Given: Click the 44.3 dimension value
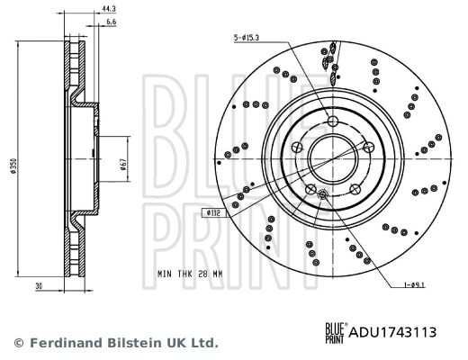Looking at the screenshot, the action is (x=109, y=9).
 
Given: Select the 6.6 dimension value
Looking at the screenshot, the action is (x=111, y=22).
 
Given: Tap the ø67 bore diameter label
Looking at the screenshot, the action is (x=123, y=165).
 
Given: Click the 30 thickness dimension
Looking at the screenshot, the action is (x=39, y=286).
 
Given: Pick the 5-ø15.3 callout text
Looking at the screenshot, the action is (x=247, y=38).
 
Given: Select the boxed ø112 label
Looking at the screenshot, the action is (x=213, y=213).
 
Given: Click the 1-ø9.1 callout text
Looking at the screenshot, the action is (x=414, y=284).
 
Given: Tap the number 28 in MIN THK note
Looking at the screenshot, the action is (x=202, y=274).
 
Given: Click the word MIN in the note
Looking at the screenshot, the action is (x=165, y=274).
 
